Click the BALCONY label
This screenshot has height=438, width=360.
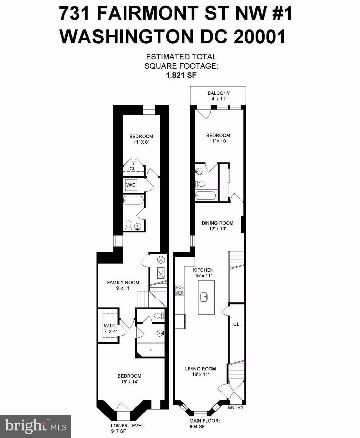[218, 93]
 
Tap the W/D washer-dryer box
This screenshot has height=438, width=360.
[131, 185]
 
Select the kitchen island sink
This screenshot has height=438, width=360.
[206, 296]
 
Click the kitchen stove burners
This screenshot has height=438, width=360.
[179, 290]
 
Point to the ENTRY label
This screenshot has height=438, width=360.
[236, 407]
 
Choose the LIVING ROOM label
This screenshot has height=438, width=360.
[201, 369]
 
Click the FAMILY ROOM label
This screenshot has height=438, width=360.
[123, 283]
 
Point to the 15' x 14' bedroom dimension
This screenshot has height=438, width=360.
[130, 381]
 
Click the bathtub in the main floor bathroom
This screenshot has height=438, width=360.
[205, 196]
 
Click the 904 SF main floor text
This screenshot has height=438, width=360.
[197, 426]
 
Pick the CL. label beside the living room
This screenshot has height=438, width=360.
[237, 324]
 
